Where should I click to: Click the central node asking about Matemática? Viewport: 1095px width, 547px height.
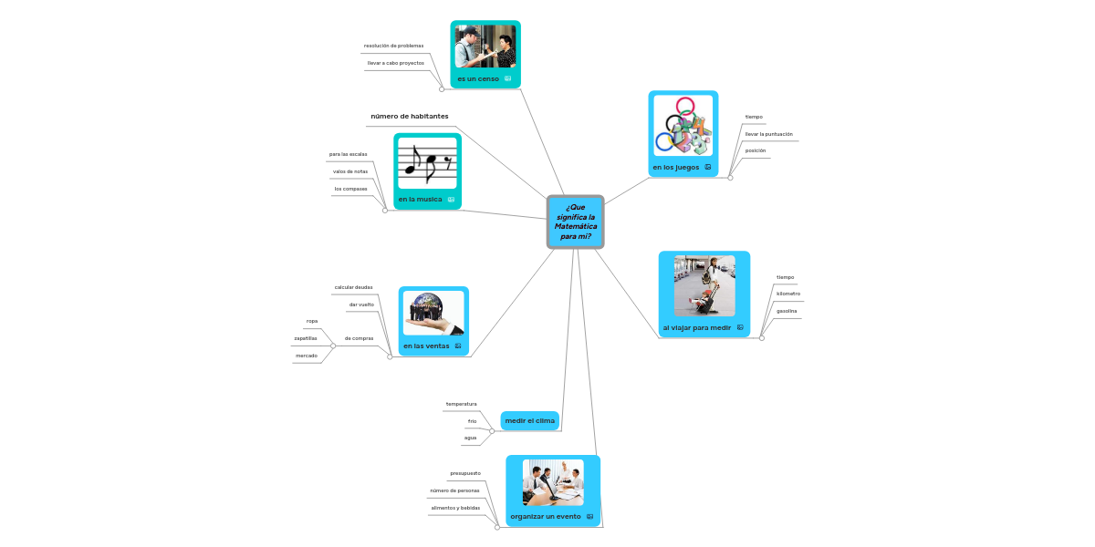tap(575, 222)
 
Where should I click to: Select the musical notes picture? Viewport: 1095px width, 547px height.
tap(427, 164)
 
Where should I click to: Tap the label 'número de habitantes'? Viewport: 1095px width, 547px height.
tap(409, 117)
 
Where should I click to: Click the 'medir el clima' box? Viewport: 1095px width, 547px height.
tap(529, 420)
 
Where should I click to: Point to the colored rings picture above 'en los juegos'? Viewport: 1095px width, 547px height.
tap(683, 126)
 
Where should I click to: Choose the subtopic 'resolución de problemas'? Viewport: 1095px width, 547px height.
tap(393, 46)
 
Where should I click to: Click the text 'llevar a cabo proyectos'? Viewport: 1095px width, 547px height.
tap(395, 63)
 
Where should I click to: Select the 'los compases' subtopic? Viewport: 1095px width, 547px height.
tap(350, 189)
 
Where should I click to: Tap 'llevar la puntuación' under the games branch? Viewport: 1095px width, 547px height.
tap(768, 134)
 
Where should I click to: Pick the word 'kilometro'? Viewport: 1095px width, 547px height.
tap(787, 294)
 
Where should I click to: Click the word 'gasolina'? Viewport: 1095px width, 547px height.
tap(787, 311)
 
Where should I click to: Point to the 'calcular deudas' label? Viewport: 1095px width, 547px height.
tap(353, 287)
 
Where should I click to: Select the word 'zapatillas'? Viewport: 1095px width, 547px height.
tap(306, 338)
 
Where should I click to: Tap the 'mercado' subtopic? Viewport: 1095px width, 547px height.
tap(307, 356)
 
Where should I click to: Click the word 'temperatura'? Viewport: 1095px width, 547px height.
tap(461, 404)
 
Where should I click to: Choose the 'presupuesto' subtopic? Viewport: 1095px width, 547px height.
tap(465, 473)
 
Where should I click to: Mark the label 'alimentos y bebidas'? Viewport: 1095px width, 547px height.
tap(455, 508)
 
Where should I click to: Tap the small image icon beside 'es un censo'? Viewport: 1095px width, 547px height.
tap(507, 79)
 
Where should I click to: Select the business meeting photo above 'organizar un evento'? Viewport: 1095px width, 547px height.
tap(553, 482)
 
